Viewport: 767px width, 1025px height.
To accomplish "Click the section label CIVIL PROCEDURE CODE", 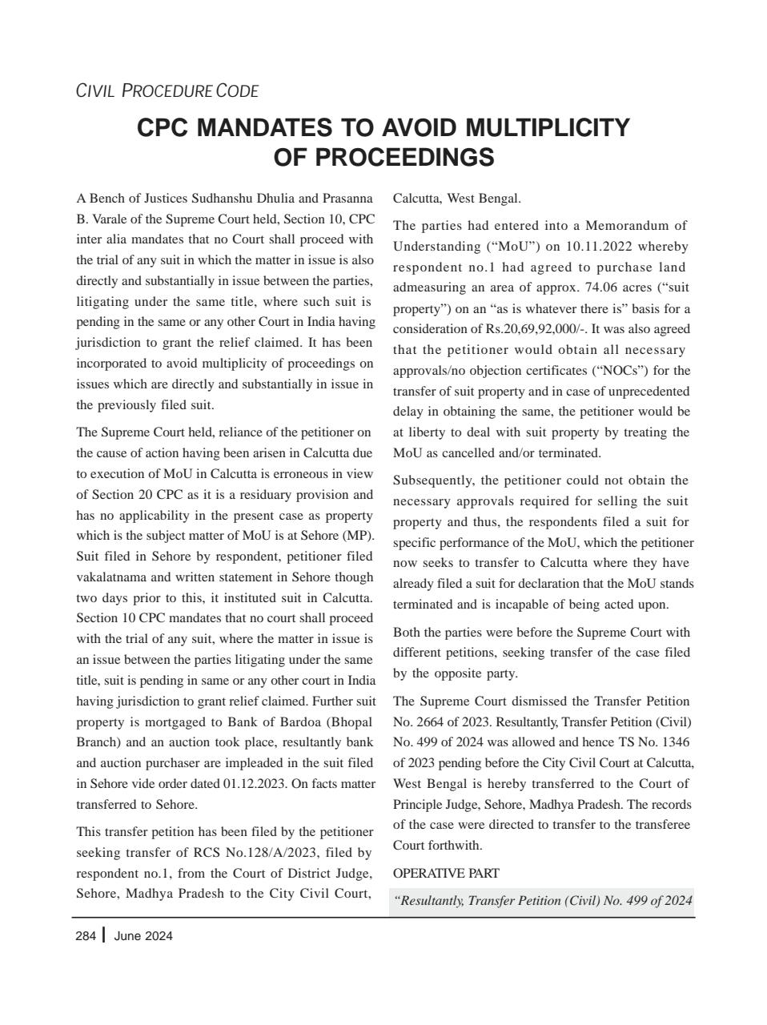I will (x=167, y=91).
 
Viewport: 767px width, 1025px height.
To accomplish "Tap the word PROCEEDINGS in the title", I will (x=383, y=157).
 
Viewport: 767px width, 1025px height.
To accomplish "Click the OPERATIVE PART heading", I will (x=446, y=874).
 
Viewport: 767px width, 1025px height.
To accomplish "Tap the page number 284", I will (x=86, y=936).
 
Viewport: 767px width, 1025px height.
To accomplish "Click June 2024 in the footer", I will (x=143, y=936).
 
